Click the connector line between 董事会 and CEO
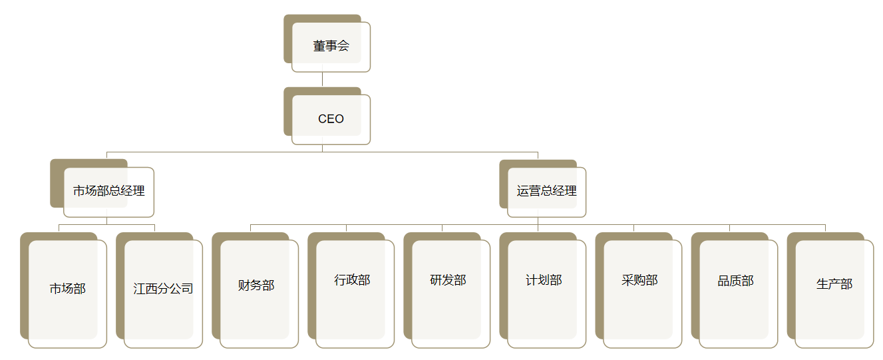[323, 79]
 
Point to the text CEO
[331, 119]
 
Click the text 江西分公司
[163, 289]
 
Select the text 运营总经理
[546, 191]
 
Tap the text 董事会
[331, 47]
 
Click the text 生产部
[834, 284]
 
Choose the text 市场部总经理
[109, 191]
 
